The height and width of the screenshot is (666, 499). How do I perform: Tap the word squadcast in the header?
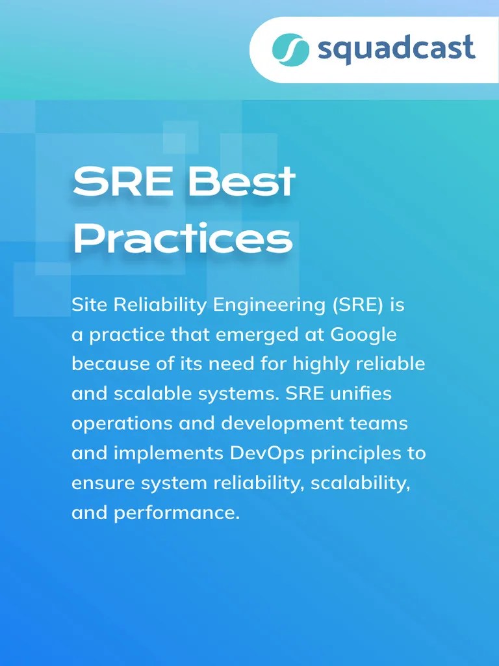pyautogui.click(x=396, y=49)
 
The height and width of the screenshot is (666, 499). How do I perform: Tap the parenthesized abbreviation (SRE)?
pyautogui.click(x=356, y=304)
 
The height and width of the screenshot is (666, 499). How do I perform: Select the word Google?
pyautogui.click(x=363, y=334)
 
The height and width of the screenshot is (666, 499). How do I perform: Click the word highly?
pyautogui.click(x=318, y=364)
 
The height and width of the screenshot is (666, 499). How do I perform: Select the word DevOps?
pyautogui.click(x=267, y=453)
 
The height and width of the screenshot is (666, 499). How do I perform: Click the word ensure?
pyautogui.click(x=99, y=483)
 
